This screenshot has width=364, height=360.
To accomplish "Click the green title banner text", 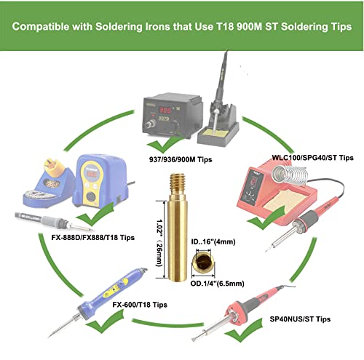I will click(182, 27).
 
